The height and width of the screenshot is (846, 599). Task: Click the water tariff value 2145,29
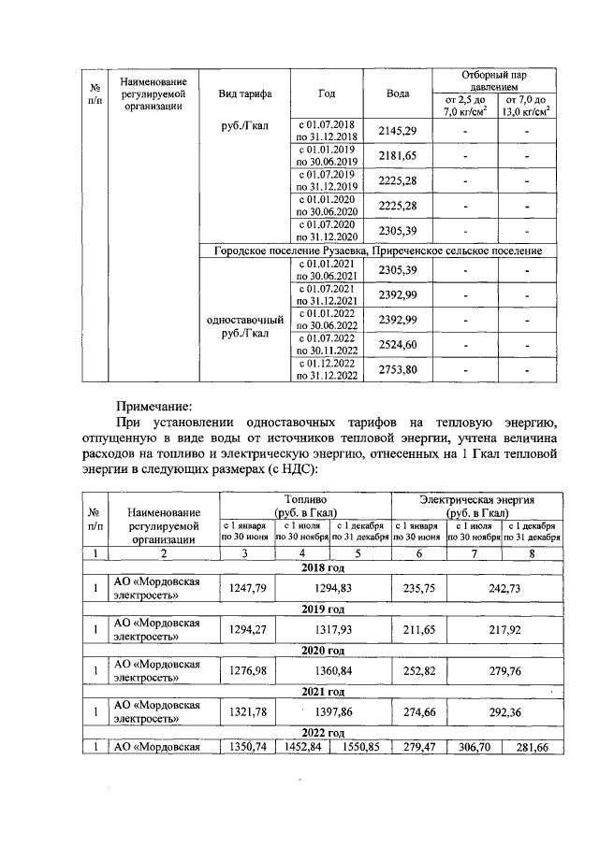(x=397, y=133)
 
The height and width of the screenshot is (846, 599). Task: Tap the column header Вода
(x=397, y=94)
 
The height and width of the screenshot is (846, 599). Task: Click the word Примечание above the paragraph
(x=153, y=407)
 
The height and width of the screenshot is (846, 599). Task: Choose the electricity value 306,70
(x=474, y=747)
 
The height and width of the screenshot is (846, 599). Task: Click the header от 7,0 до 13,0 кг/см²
(x=525, y=106)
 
